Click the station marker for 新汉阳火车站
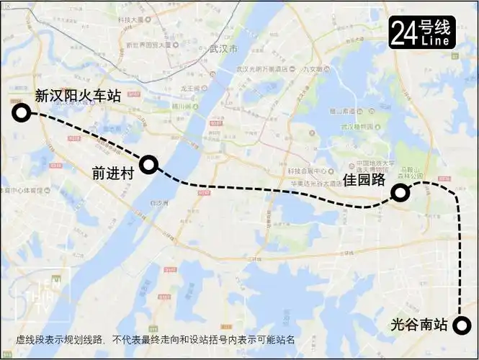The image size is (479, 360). coord(22,112)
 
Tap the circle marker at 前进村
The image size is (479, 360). coord(149,164)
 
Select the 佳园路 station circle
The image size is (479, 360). coord(400,192)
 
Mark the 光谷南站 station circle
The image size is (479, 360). coord(461,325)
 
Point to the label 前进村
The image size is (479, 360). coord(114,173)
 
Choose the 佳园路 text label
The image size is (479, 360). coord(364,179)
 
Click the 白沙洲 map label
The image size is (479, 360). coord(158,204)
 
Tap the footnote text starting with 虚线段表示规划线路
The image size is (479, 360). coord(155,340)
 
